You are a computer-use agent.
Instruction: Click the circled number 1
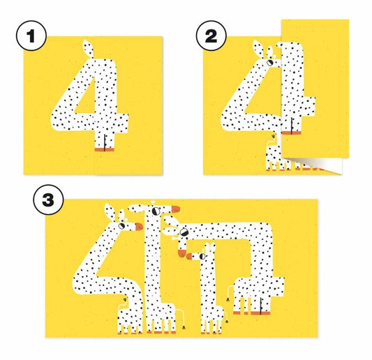coord(31,36)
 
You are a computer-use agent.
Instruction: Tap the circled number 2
coord(211,36)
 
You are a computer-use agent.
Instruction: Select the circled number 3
coord(48,200)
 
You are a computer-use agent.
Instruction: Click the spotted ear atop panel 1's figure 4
coord(88,49)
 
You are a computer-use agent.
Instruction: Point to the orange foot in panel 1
coord(105,149)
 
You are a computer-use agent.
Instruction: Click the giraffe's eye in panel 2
coord(270,63)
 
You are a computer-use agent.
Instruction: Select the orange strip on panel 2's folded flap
coord(291,133)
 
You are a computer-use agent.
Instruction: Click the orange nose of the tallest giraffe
coord(176,209)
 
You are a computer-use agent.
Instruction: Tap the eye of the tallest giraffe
coord(156,211)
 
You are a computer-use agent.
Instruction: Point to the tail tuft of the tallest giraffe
coord(184,327)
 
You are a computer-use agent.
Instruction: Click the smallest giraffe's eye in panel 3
coord(203,256)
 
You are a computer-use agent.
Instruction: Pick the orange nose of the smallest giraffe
coord(189,256)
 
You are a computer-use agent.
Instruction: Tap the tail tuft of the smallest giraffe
coord(227,322)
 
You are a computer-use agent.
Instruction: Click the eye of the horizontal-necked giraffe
coord(184,232)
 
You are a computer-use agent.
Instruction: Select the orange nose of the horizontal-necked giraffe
coord(181,253)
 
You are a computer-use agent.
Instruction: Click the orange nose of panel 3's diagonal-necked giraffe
coord(139,226)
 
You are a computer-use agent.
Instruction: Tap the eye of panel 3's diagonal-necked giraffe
coord(121,226)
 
